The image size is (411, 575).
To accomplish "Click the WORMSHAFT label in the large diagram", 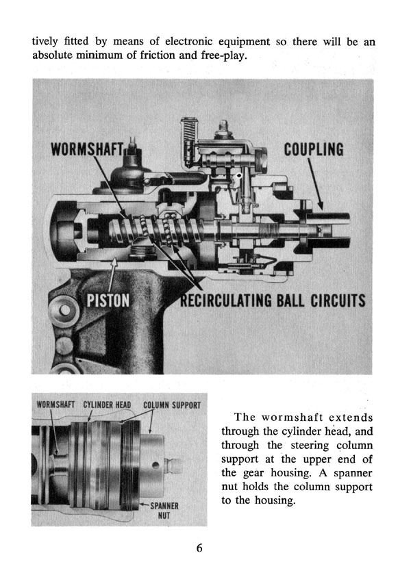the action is pyautogui.click(x=87, y=149).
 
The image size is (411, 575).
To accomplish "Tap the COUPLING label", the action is pyautogui.click(x=314, y=149).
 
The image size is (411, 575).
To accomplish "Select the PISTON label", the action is pyautogui.click(x=108, y=301).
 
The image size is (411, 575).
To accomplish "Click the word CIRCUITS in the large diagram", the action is pyautogui.click(x=338, y=301).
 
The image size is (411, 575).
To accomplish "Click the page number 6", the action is pyautogui.click(x=199, y=548).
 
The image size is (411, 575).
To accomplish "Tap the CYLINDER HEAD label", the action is pyautogui.click(x=107, y=405).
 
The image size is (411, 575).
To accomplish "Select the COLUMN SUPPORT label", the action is pyautogui.click(x=172, y=405).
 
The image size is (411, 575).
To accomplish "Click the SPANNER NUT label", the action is pyautogui.click(x=164, y=511).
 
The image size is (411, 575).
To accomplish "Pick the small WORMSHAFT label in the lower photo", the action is pyautogui.click(x=55, y=405).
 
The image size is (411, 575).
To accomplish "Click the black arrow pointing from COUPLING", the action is pyautogui.click(x=315, y=184).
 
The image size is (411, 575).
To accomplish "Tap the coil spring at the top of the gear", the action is pyautogui.click(x=189, y=132).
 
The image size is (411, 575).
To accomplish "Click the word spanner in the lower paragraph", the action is pyautogui.click(x=353, y=473).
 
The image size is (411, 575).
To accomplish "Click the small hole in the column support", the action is pyautogui.click(x=155, y=465).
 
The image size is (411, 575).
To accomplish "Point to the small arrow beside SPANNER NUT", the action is pyautogui.click(x=144, y=505).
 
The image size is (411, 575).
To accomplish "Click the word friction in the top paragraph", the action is pyautogui.click(x=158, y=55).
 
